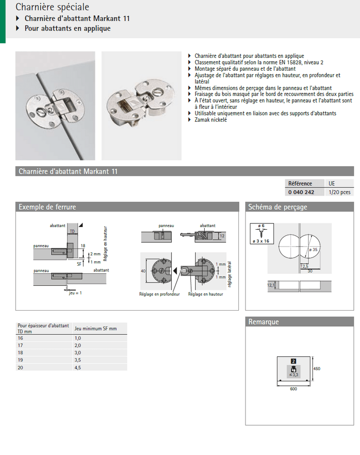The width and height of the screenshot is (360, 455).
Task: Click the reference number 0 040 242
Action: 301,192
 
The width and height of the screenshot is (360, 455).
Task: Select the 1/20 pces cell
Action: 340,192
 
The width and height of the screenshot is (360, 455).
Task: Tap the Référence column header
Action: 300,184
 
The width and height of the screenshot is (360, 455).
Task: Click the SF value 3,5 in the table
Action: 78,359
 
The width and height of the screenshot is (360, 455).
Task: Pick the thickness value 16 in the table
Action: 20,338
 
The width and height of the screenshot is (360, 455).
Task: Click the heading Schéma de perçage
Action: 277,207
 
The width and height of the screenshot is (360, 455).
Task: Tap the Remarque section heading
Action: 264,322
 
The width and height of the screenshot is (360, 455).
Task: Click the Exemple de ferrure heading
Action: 47,207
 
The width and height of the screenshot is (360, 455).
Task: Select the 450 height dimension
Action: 317,368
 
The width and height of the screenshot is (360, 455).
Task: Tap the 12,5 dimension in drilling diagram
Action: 305,266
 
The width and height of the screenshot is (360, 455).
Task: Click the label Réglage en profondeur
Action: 159,294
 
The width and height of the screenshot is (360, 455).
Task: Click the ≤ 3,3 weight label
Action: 294,375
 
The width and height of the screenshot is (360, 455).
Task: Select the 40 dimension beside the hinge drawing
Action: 143,270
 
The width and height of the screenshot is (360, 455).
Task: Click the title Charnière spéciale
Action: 52,7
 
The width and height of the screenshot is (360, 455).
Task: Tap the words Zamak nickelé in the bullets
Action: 211,120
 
